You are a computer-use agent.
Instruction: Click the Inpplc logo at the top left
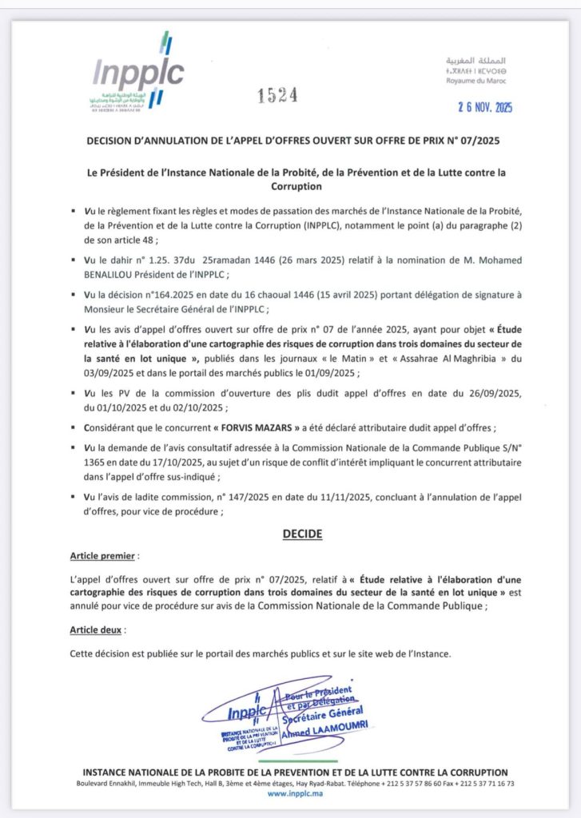(x=141, y=76)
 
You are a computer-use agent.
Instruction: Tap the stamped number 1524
(x=278, y=96)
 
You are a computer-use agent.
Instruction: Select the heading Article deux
(x=96, y=630)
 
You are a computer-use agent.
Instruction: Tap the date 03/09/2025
(x=108, y=371)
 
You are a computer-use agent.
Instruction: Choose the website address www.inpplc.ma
(x=290, y=795)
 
